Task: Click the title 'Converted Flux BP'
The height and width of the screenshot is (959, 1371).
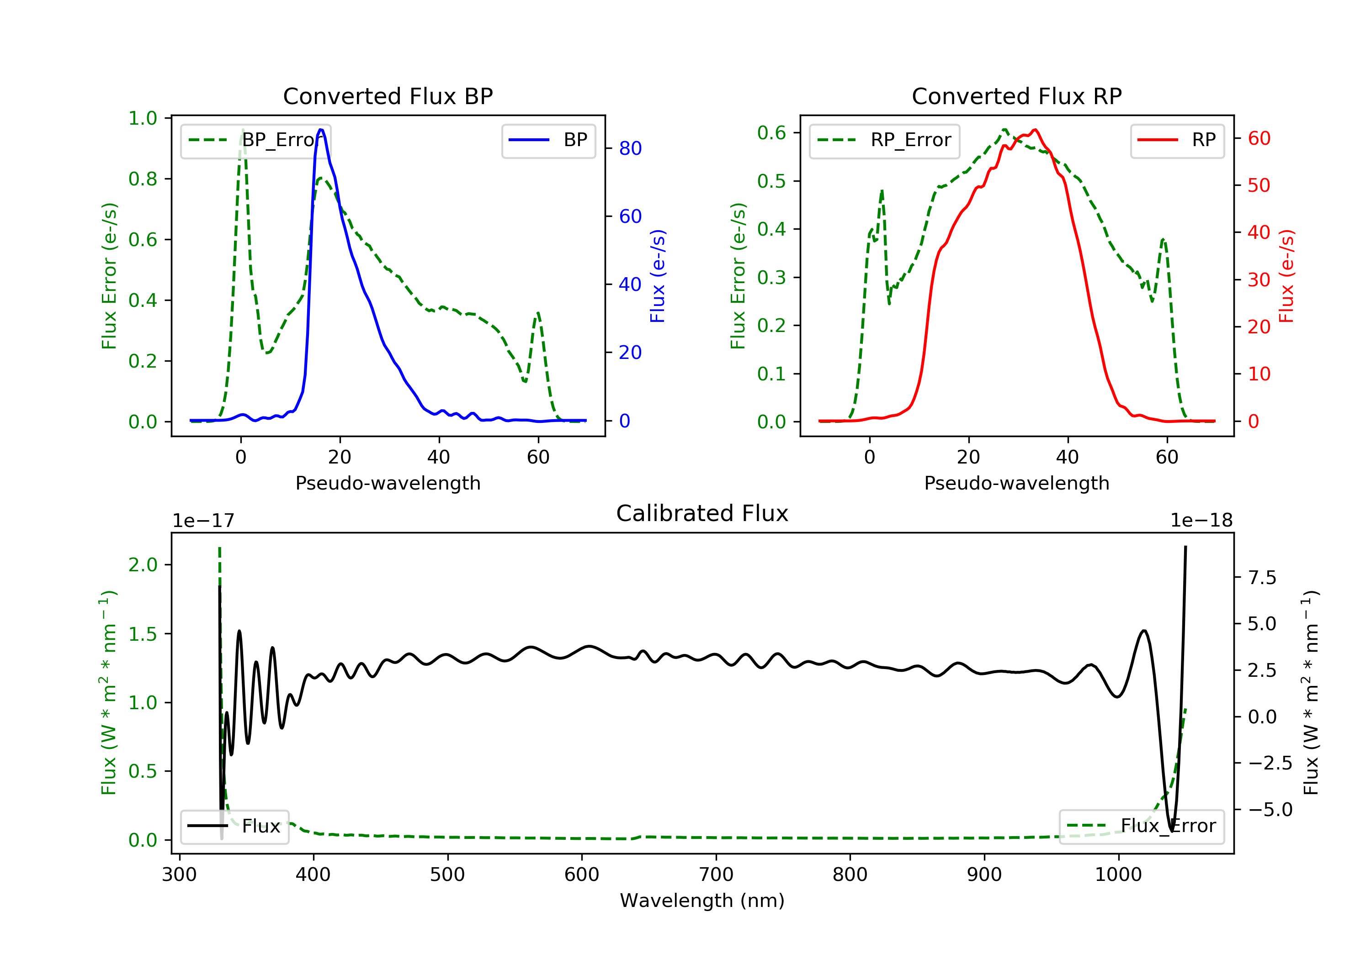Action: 388,96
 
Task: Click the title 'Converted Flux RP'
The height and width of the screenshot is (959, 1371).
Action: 1016,96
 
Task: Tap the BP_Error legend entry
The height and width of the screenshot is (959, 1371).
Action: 255,140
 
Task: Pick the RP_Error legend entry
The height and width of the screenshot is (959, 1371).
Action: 884,140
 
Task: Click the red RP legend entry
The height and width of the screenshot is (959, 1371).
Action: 1177,140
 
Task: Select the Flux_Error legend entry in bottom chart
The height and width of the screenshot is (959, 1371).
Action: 1141,826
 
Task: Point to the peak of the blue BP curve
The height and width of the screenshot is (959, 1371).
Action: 321,130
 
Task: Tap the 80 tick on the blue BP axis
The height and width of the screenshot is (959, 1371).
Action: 630,148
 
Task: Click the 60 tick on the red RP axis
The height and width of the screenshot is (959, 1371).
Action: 1259,138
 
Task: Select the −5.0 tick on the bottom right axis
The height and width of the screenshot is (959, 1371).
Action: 1270,809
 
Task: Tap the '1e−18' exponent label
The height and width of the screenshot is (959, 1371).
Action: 1201,521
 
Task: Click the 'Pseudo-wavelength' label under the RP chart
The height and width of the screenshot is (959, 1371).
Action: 1016,483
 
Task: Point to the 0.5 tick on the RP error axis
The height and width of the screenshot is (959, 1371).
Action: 771,181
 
